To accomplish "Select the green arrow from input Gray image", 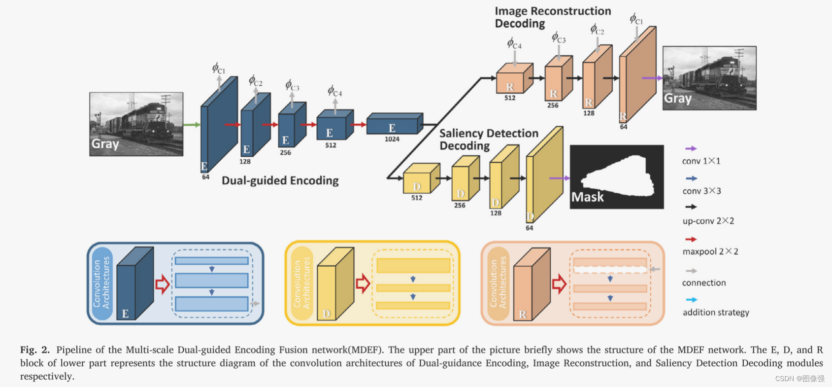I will click(x=192, y=125).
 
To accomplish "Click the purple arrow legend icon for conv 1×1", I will click(x=691, y=148).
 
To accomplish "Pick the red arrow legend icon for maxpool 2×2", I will click(x=691, y=239).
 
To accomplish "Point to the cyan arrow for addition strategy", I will click(x=692, y=300).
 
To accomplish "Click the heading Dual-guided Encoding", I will click(x=280, y=180).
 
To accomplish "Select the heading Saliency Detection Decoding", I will click(x=488, y=140).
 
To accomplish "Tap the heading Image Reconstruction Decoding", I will click(x=552, y=17).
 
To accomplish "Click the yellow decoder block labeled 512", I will click(x=420, y=179).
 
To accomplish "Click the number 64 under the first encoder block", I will click(x=205, y=177).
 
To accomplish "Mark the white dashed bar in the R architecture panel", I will click(x=610, y=270).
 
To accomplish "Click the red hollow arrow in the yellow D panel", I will click(x=363, y=283).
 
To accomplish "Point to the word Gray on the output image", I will click(x=677, y=98).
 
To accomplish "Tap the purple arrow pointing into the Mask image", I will click(x=559, y=178).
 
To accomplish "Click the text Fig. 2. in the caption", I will click(x=35, y=350).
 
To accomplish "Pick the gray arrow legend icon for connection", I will click(x=691, y=271).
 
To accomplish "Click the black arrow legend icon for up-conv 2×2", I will click(x=691, y=207).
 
